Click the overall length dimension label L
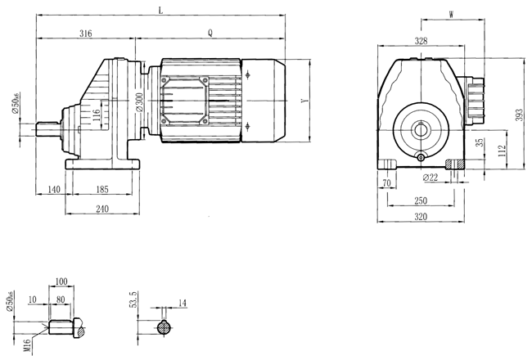[160, 11]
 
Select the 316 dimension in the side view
[85, 34]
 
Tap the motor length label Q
[210, 34]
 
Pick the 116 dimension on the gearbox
[96, 115]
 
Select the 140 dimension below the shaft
[54, 189]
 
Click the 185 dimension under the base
[102, 189]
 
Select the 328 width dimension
[421, 40]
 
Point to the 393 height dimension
[518, 115]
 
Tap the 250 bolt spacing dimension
[420, 200]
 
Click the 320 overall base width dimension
[420, 218]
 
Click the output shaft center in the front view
[421, 128]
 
